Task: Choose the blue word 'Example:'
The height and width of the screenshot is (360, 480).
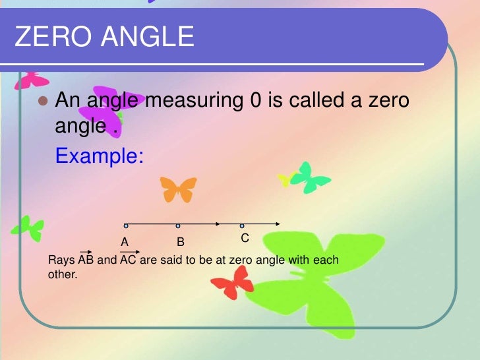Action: (x=100, y=156)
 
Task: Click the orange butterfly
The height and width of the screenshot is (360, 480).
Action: (x=179, y=189)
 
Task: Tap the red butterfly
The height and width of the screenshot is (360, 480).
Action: (x=233, y=282)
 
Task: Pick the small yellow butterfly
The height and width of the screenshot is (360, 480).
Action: (x=287, y=178)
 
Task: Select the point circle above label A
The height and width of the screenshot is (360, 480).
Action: (x=125, y=225)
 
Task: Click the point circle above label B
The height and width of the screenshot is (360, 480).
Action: (x=177, y=225)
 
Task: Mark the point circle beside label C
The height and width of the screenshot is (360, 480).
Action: (x=242, y=225)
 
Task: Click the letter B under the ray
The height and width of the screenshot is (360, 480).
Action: (x=180, y=242)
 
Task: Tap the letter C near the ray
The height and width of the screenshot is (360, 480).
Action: (x=245, y=237)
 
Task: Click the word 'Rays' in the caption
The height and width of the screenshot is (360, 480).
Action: (x=62, y=260)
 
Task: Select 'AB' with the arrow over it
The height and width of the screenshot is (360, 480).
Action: (x=86, y=259)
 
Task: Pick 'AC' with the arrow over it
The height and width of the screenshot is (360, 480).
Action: (x=128, y=259)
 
